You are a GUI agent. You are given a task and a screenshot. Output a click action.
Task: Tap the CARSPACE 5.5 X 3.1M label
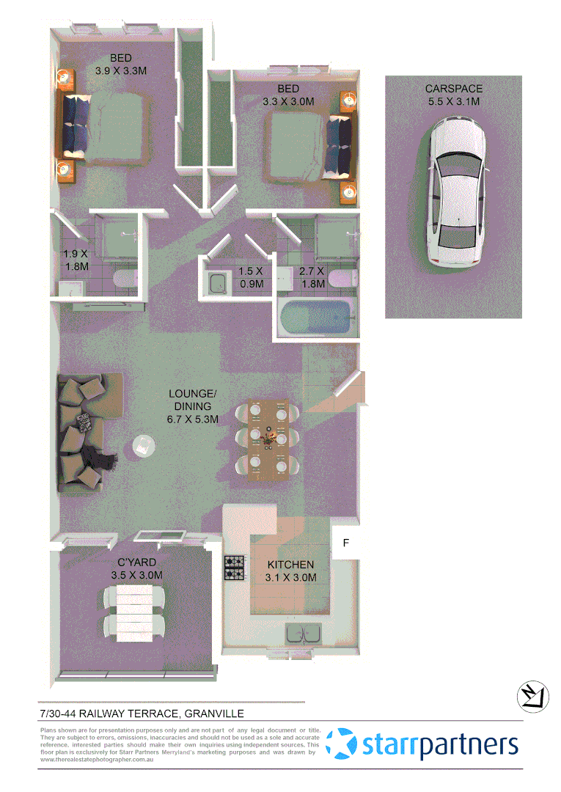pos(454,95)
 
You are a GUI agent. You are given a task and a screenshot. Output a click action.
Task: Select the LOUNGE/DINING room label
pos(193,406)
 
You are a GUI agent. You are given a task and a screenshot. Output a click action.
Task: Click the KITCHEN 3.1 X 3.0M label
pos(290,571)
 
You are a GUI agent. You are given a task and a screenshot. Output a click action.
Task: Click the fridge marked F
pos(345,543)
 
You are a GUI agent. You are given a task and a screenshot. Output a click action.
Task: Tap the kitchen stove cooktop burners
pos(234,568)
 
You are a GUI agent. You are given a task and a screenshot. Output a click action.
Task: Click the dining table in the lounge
pos(268,439)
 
